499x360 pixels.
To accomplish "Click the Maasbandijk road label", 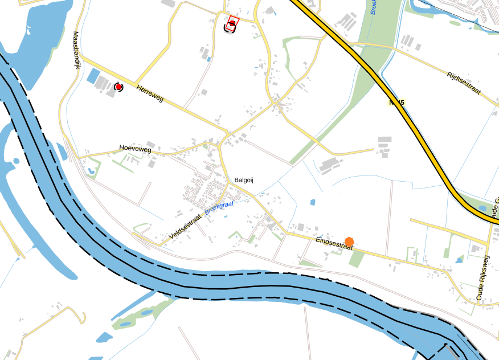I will (76, 50).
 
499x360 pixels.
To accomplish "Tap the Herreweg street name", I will (150, 93).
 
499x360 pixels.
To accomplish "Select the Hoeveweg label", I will (135, 149).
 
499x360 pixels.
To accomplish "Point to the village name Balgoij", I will (243, 180).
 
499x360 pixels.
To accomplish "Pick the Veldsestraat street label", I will (186, 227).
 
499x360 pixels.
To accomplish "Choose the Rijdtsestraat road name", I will (464, 83).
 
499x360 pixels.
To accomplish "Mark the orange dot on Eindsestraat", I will (349, 242).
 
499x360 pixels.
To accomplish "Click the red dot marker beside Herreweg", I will (118, 87).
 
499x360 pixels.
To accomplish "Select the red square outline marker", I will (232, 24).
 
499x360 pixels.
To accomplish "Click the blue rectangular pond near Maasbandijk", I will (92, 76).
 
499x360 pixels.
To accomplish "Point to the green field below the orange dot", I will (357, 259).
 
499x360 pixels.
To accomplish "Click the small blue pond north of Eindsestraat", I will (312, 202).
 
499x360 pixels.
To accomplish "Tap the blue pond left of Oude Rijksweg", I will (459, 260).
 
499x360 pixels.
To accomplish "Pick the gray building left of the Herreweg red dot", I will (102, 84).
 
